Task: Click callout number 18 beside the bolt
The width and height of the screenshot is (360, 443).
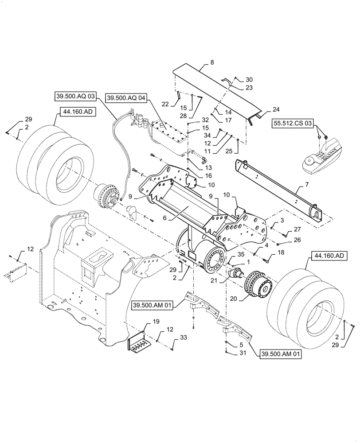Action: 281,252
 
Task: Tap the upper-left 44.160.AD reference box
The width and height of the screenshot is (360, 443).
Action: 74,112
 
